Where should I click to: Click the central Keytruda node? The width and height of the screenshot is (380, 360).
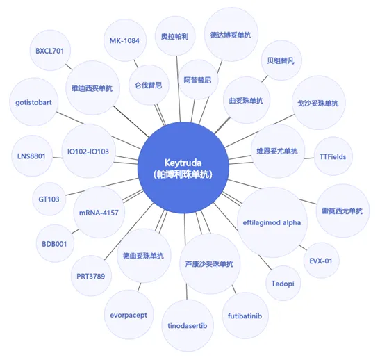[x=183, y=167]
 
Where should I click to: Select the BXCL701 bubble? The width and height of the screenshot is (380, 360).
[x=50, y=51]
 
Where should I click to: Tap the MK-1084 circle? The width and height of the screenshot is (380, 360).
[x=125, y=40]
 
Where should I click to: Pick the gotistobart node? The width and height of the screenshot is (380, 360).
[x=33, y=102]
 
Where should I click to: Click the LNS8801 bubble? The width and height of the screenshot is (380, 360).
[x=32, y=156]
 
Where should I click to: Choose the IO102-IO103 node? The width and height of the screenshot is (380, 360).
[x=88, y=151]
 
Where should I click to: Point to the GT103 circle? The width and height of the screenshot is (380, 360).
[x=49, y=199]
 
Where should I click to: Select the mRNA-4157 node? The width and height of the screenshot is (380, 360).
[x=99, y=213]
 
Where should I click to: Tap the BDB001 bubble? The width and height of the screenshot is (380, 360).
[x=55, y=243]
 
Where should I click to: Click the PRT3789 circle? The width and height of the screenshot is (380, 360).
[x=91, y=276]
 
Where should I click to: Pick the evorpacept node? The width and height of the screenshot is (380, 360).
[x=129, y=315]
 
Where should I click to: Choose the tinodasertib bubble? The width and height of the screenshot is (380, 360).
[x=188, y=325]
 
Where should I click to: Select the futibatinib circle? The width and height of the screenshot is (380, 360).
[x=245, y=316]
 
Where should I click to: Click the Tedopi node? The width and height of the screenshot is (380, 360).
[x=283, y=283]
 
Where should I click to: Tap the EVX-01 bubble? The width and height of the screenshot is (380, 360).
[x=321, y=261]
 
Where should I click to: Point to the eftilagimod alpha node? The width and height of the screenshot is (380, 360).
[x=272, y=222]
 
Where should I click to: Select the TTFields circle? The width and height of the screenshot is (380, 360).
[x=333, y=156]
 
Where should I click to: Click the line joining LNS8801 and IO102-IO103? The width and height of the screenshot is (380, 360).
[x=57, y=158]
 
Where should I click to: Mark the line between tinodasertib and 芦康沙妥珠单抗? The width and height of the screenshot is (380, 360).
[x=187, y=291]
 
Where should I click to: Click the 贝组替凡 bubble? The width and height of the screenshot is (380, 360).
[x=281, y=60]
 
